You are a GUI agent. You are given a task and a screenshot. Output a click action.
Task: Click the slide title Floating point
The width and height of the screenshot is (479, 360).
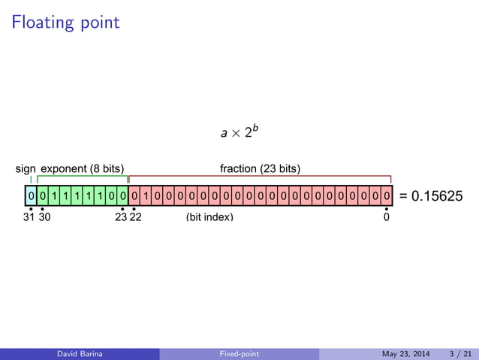(65, 23)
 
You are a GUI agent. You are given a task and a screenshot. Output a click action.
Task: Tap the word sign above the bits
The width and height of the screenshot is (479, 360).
(26, 168)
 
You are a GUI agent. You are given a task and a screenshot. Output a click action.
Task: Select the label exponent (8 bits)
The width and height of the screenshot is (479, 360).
(82, 168)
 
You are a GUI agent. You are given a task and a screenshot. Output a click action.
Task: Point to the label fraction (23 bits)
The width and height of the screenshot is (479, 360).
(260, 168)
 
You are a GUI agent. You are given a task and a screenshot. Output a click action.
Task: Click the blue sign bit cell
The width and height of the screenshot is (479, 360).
(30, 196)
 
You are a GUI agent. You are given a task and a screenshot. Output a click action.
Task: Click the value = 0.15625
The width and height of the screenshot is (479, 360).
(431, 196)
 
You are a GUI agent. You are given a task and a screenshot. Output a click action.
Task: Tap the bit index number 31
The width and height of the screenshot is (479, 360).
(29, 217)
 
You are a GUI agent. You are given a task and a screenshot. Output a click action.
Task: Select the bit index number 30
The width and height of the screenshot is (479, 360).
(44, 217)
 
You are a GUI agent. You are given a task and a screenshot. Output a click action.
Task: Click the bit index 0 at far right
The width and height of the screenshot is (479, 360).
(387, 217)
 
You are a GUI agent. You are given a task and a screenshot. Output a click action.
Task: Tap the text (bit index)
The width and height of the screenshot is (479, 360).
(209, 217)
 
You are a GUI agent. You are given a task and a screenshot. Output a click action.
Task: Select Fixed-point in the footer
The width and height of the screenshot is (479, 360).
(239, 354)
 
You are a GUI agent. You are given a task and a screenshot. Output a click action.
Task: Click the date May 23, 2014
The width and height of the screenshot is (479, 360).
(403, 354)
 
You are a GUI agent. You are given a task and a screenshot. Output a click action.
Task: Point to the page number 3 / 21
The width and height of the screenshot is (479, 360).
(460, 354)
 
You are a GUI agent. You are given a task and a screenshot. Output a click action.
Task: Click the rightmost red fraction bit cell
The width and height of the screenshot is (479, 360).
(386, 196)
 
